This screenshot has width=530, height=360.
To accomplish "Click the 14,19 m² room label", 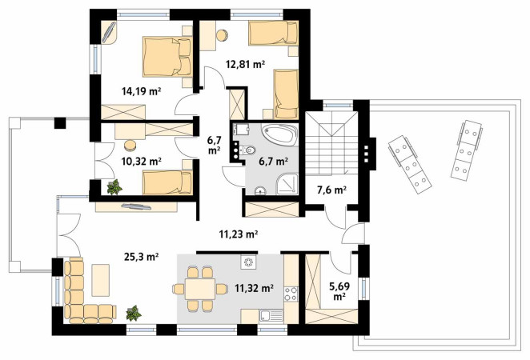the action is coord(141,91).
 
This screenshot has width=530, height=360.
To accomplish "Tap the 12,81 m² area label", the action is coord(246,64).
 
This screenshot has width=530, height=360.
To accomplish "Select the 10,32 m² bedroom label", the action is coord(141,162).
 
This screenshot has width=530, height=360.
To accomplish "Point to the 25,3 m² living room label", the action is coord(142,257).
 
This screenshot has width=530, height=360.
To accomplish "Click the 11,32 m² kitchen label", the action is coord(254,288).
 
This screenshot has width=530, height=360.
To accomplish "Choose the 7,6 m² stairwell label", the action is coord(331,190).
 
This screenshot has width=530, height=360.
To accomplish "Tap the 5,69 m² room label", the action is coord(339,291).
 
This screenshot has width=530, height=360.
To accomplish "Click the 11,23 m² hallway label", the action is coord(239,234).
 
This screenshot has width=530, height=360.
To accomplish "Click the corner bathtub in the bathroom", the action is coord(280,134).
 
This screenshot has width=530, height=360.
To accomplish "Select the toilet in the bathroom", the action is coord(247,150).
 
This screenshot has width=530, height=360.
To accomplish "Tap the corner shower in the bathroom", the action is coord(287,184).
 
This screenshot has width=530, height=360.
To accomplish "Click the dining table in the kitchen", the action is coord(200,289).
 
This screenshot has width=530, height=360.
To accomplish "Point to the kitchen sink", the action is coord(271,316).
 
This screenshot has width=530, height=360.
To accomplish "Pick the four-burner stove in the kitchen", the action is coord(291,294).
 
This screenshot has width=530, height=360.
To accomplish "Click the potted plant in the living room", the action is coord(134,313).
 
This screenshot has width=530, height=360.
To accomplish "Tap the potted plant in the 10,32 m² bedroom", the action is coord(114,187).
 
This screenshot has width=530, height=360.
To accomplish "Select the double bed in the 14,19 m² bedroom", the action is coord(167,56).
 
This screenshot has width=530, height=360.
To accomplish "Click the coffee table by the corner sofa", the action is coord(101,280).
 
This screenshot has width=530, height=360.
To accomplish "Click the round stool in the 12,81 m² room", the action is coord(223,36).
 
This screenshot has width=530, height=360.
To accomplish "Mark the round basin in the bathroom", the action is coord(260,191).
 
